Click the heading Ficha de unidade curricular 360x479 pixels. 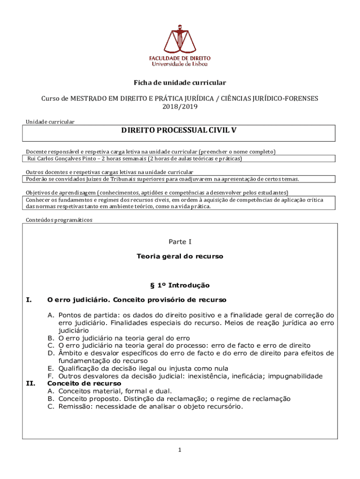(180, 83)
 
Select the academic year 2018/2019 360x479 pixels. (180, 106)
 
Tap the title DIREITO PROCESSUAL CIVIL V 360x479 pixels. (180, 130)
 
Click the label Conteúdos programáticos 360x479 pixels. (59, 220)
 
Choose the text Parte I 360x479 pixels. (180, 242)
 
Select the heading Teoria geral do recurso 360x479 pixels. (180, 256)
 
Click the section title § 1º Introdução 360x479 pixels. (180, 285)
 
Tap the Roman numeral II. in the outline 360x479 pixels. (30, 384)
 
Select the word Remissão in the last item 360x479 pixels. (74, 406)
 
